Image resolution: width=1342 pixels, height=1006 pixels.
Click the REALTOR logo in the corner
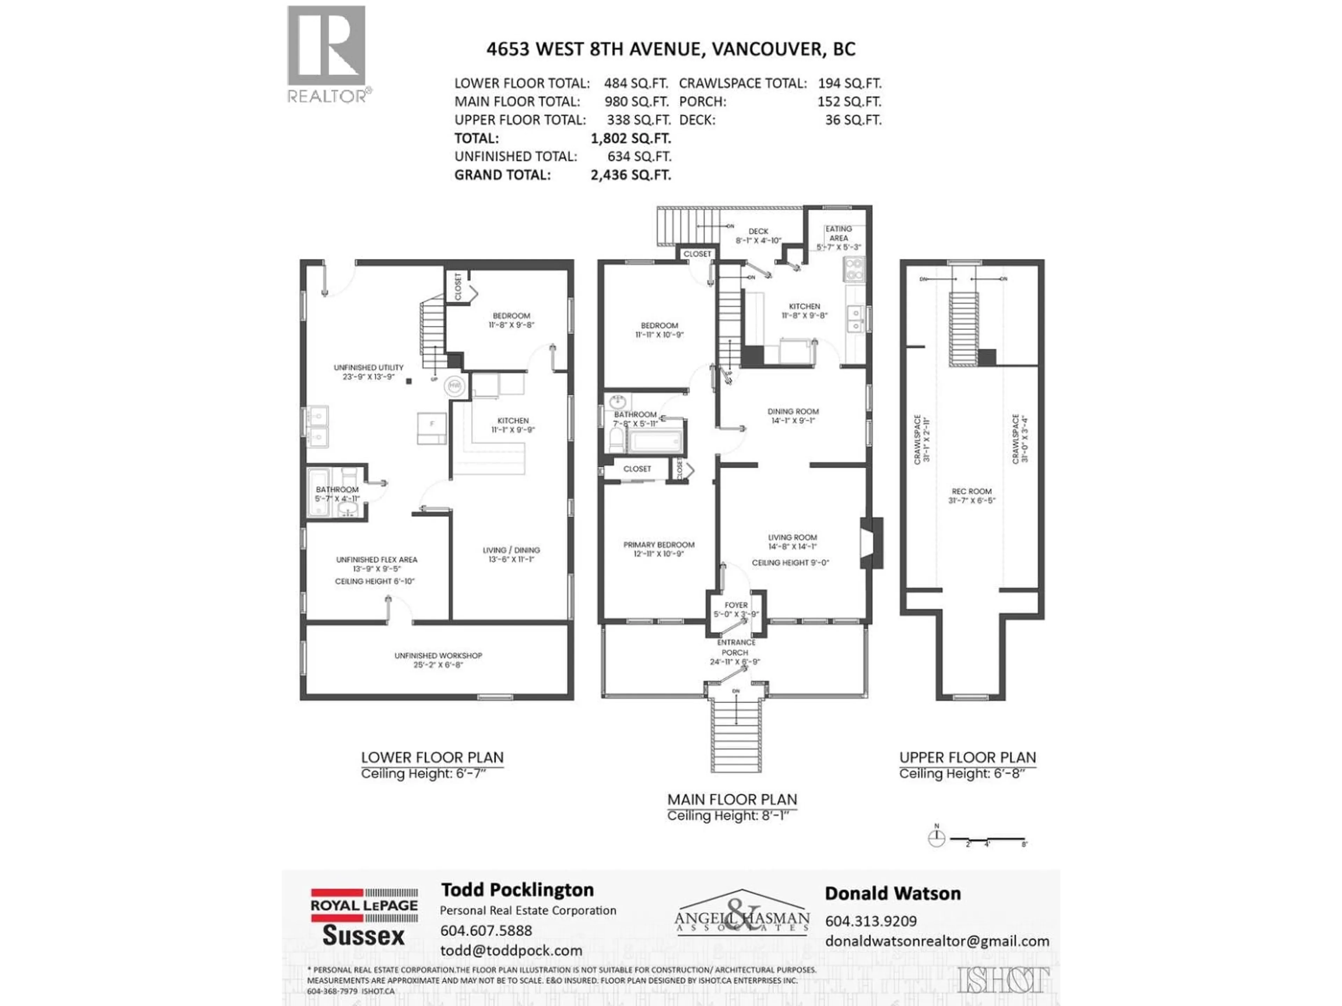click(x=326, y=53)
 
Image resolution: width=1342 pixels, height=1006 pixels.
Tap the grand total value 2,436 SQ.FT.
click(x=630, y=175)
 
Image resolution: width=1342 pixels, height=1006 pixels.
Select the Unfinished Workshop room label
click(x=438, y=660)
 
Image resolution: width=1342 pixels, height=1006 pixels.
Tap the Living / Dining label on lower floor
click(x=511, y=554)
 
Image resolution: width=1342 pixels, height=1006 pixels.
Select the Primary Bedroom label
click(x=659, y=549)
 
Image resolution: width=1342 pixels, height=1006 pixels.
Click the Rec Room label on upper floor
click(x=971, y=495)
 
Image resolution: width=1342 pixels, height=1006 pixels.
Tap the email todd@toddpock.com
click(x=511, y=950)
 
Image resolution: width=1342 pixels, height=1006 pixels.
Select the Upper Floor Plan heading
click(x=967, y=757)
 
